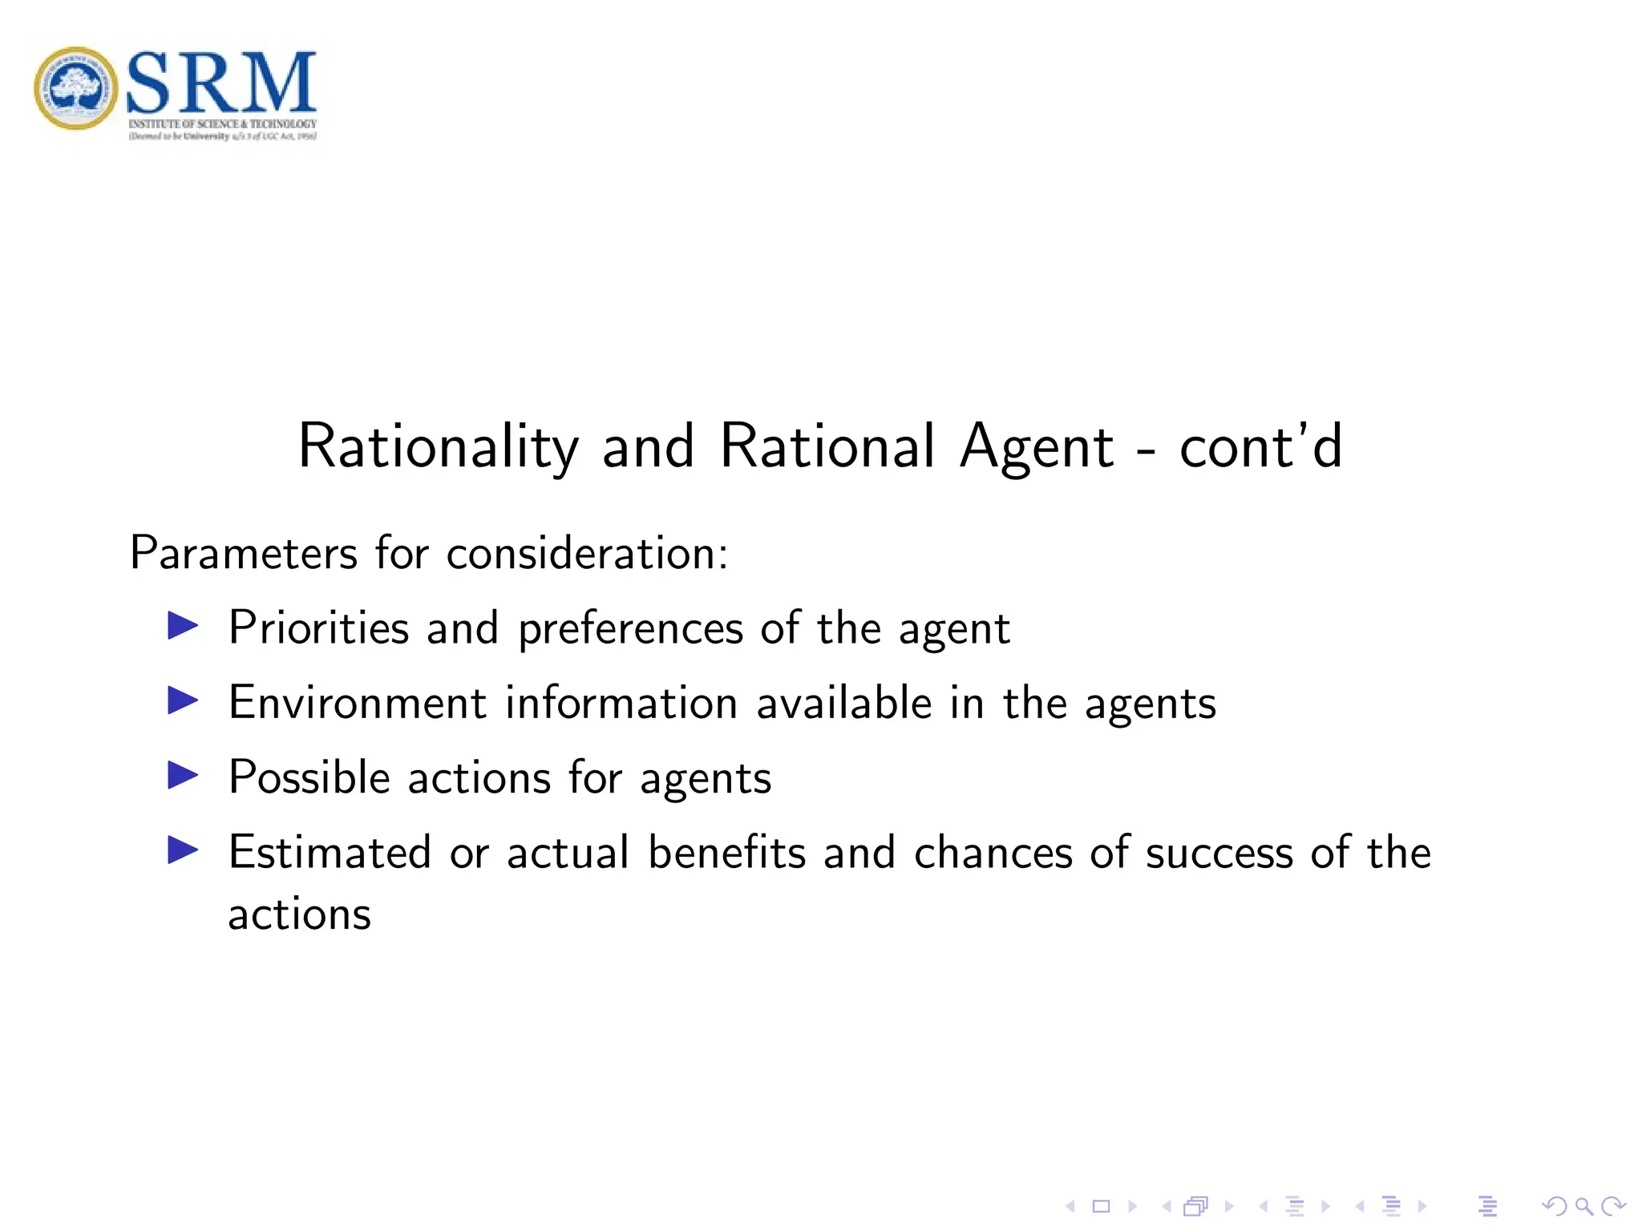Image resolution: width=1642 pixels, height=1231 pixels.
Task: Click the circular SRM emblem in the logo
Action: [x=75, y=88]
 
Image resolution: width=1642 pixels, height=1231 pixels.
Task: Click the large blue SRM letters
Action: [x=221, y=82]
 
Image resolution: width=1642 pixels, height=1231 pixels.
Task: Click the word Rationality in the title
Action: [x=438, y=447]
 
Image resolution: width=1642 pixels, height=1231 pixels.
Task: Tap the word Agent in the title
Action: [x=1036, y=447]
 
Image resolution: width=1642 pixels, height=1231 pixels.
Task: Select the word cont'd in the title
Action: [x=1260, y=447]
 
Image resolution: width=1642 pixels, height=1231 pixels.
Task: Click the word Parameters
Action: [x=244, y=553]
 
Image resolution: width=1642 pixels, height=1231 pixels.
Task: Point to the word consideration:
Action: [x=587, y=553]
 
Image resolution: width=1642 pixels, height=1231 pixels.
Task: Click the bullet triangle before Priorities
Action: [x=183, y=626]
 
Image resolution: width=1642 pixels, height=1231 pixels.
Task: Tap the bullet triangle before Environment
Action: [x=183, y=700]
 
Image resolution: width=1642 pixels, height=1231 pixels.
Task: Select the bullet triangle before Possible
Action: [x=183, y=775]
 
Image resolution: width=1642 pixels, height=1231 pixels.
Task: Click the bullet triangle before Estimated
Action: [x=183, y=850]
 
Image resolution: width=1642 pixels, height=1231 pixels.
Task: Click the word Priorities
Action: [x=319, y=628]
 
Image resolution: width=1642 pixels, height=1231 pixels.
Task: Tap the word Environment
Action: [x=358, y=703]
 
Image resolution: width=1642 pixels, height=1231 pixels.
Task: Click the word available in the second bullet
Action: [x=843, y=703]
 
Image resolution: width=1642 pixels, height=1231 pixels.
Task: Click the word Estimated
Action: [x=330, y=852]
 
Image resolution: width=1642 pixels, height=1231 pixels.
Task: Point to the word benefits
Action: [x=726, y=852]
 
